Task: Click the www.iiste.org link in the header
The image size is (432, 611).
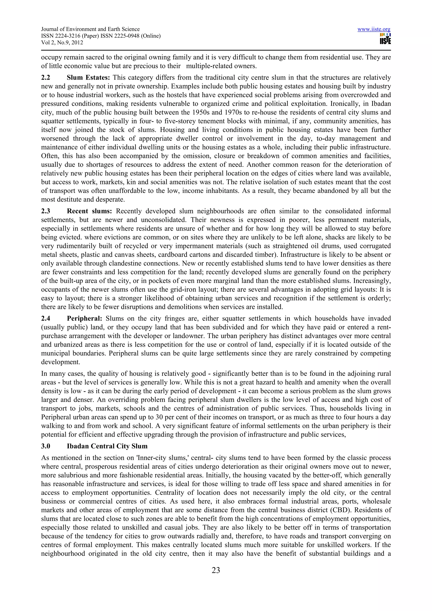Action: (x=374, y=29)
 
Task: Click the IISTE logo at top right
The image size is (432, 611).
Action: (x=385, y=39)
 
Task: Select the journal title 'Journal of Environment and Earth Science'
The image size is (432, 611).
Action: (x=90, y=29)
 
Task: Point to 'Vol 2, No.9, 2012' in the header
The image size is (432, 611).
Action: (x=62, y=43)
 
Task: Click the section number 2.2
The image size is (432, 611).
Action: (x=46, y=78)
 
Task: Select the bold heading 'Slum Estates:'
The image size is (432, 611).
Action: (x=88, y=78)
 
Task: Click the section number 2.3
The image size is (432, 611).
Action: (x=46, y=211)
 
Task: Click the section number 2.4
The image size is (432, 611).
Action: (x=46, y=319)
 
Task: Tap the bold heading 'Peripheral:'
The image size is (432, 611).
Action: (x=84, y=319)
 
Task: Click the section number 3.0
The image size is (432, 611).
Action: (x=46, y=446)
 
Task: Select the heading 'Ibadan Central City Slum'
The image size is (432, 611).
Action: (x=107, y=446)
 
